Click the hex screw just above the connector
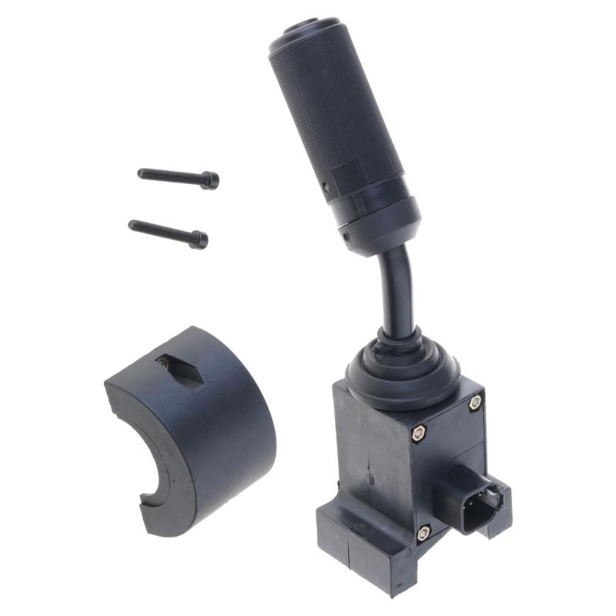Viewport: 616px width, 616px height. click(420, 434)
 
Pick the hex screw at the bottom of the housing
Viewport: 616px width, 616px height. click(423, 531)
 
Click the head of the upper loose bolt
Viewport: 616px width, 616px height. click(209, 180)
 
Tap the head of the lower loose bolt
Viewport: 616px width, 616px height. click(199, 239)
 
